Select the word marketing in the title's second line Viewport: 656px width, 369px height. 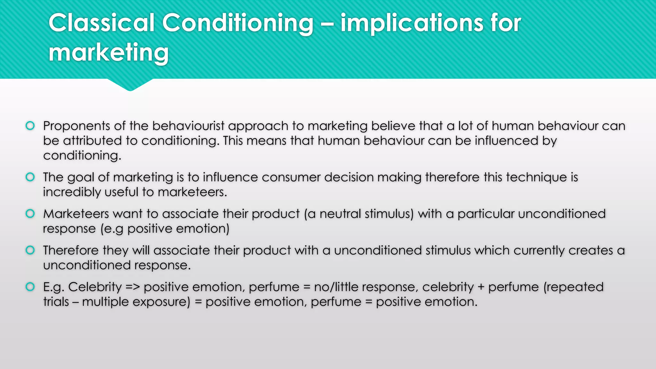pos(109,53)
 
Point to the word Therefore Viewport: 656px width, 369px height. pos(71,250)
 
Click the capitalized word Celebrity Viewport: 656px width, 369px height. pos(95,287)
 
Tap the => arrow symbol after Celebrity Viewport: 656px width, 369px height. pos(133,287)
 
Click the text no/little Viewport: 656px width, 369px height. pos(343,287)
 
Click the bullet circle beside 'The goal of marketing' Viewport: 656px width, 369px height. pos(30,177)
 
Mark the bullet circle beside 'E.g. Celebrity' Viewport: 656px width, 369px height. pos(30,287)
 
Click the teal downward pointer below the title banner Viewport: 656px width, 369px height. pos(130,85)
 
